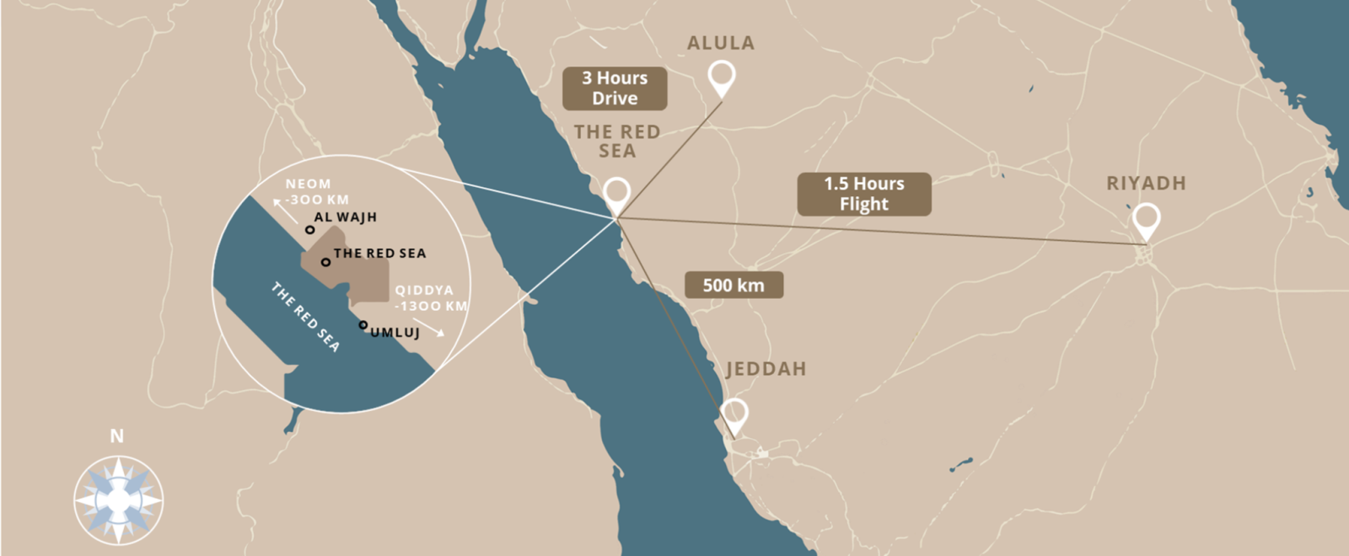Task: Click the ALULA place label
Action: (x=720, y=43)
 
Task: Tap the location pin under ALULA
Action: (x=721, y=78)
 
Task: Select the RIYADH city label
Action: (x=1146, y=184)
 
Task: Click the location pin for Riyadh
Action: (x=1146, y=221)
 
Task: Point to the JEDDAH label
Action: (x=766, y=369)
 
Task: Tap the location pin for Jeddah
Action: (x=734, y=414)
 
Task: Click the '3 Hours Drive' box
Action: (x=615, y=88)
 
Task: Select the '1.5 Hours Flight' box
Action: (x=863, y=194)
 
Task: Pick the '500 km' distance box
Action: (x=734, y=285)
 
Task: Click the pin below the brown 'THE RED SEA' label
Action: (x=616, y=195)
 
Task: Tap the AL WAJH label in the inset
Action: (x=345, y=217)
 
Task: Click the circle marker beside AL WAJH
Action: (x=309, y=229)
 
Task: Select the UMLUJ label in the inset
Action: (x=395, y=333)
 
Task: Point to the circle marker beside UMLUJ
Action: (x=363, y=324)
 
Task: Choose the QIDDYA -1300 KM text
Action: (x=430, y=297)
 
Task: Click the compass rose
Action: (x=118, y=500)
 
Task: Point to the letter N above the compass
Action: (x=117, y=436)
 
